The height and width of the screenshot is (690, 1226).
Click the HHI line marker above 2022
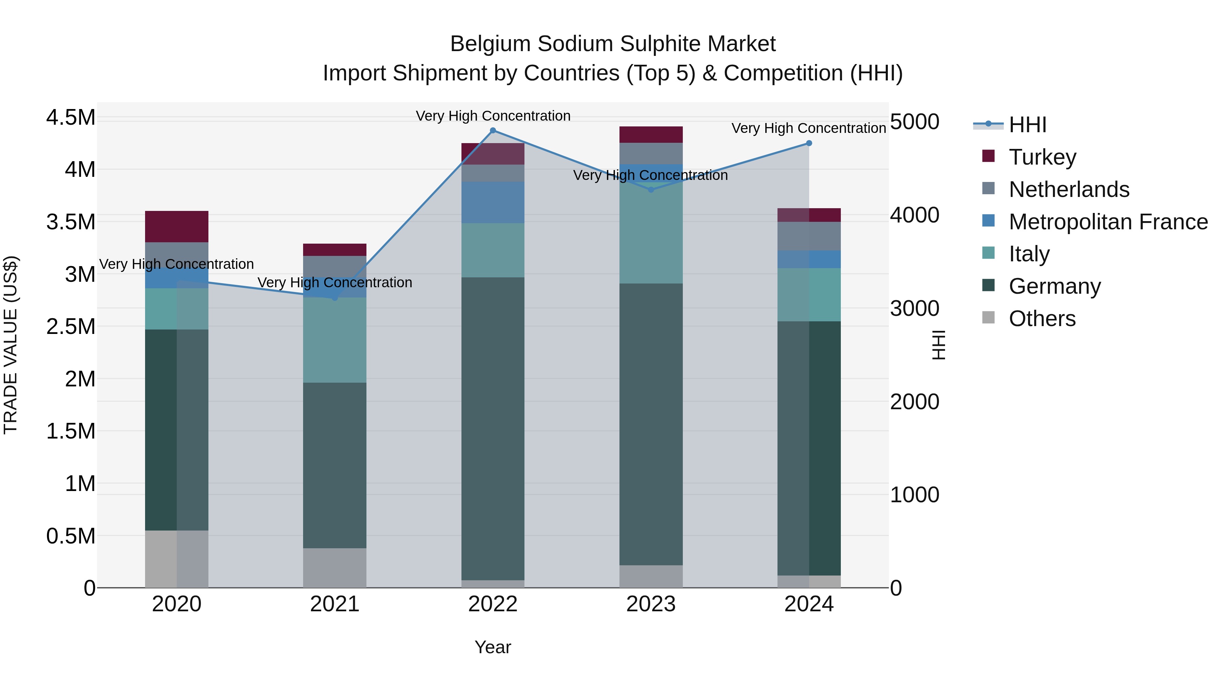492,131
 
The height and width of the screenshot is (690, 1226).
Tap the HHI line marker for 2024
808,143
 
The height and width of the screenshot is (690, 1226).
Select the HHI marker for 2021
334,297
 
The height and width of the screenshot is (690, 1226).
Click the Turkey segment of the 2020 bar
176,227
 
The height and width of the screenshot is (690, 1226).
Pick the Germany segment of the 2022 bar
492,429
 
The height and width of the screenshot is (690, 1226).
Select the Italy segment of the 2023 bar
650,233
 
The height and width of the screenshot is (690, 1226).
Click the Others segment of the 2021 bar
334,568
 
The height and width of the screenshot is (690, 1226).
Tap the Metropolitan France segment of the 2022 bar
492,202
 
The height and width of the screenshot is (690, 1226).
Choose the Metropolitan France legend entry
1108,222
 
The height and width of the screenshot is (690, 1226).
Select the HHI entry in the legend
1027,125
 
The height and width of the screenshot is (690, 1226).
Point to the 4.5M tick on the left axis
70,118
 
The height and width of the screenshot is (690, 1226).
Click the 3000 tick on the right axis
914,309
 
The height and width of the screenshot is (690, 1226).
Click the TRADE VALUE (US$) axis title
11,345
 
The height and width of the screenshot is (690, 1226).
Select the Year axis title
492,647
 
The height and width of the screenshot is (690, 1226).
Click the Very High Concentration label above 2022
492,116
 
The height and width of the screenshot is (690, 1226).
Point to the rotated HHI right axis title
938,345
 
